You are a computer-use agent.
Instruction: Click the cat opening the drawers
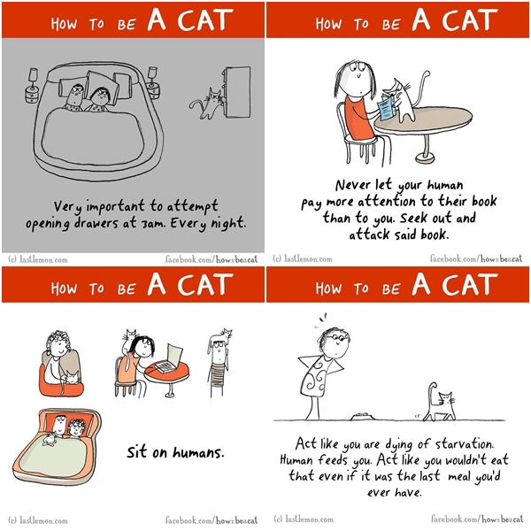point(207,104)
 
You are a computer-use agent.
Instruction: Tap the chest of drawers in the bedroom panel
point(236,92)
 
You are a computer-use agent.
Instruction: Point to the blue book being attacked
point(386,108)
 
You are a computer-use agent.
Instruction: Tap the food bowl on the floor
point(362,416)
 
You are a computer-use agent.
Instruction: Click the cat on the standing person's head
point(221,336)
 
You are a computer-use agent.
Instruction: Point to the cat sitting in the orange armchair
point(71,378)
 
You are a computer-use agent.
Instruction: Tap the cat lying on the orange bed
point(49,438)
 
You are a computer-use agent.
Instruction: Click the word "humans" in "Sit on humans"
point(198,452)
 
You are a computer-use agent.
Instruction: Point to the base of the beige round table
point(425,158)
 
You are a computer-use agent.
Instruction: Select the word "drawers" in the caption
point(96,223)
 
